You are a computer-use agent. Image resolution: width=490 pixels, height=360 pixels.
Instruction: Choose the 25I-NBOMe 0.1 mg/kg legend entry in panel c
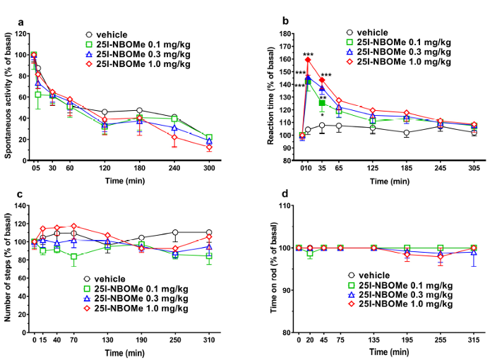coord(138,287)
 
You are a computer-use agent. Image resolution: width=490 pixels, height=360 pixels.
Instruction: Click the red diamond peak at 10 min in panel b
coord(308,59)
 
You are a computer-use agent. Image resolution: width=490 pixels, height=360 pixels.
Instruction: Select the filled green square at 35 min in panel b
coord(322,103)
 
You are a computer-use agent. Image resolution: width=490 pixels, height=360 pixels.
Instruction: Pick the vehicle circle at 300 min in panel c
coord(208,232)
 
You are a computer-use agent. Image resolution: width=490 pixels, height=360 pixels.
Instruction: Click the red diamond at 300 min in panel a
coord(208,148)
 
